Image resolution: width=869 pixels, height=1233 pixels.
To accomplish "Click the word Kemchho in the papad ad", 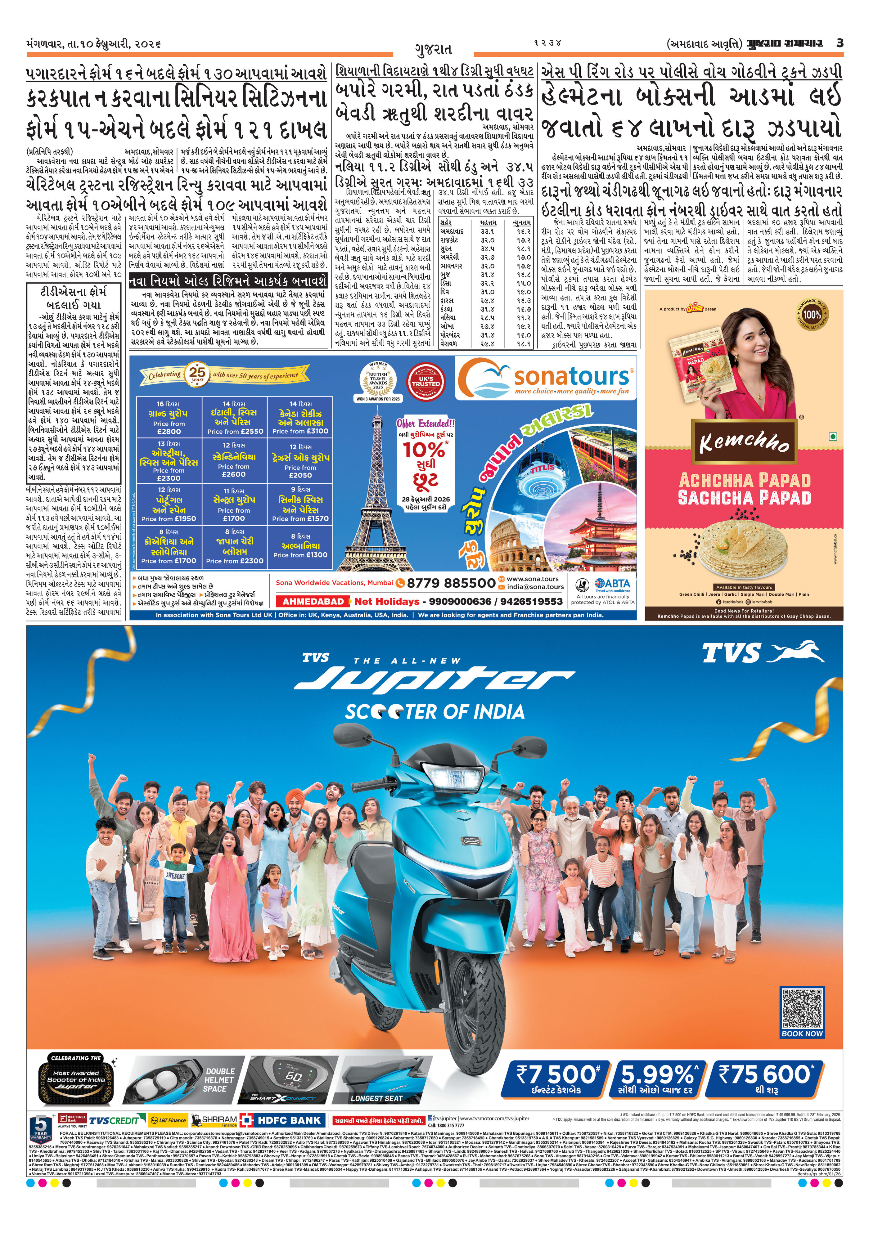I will pos(745,442).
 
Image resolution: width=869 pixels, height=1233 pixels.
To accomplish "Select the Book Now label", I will pos(801,1034).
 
